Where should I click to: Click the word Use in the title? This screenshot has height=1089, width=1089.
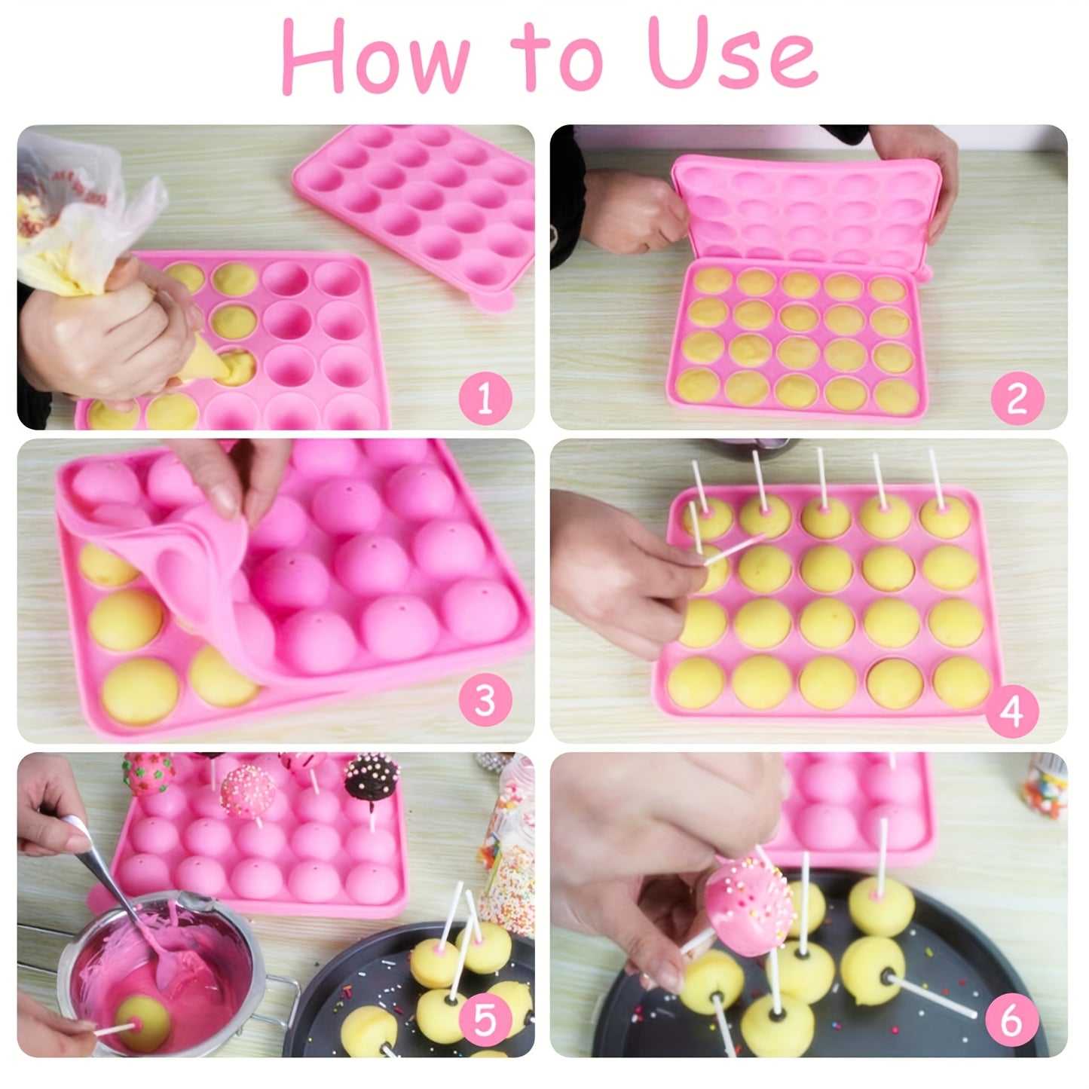731,57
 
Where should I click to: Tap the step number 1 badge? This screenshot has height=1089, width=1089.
485,397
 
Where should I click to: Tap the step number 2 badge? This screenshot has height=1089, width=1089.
1017,397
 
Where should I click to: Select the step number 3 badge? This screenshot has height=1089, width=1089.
485,701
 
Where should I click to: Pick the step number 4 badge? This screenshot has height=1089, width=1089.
1013,709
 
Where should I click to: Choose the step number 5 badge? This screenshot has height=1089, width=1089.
485,1020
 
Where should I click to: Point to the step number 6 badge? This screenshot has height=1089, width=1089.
1010,1020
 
